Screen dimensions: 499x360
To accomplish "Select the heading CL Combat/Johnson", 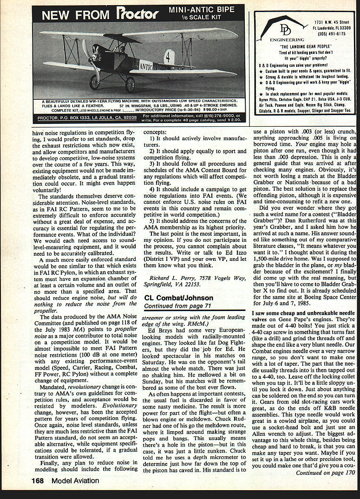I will point(178,298).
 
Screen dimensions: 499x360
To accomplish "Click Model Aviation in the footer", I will point(75,480).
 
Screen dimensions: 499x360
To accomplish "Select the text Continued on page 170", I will point(325,473).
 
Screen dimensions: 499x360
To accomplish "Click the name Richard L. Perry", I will point(170,277).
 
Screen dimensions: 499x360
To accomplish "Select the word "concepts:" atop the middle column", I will point(157,132).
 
